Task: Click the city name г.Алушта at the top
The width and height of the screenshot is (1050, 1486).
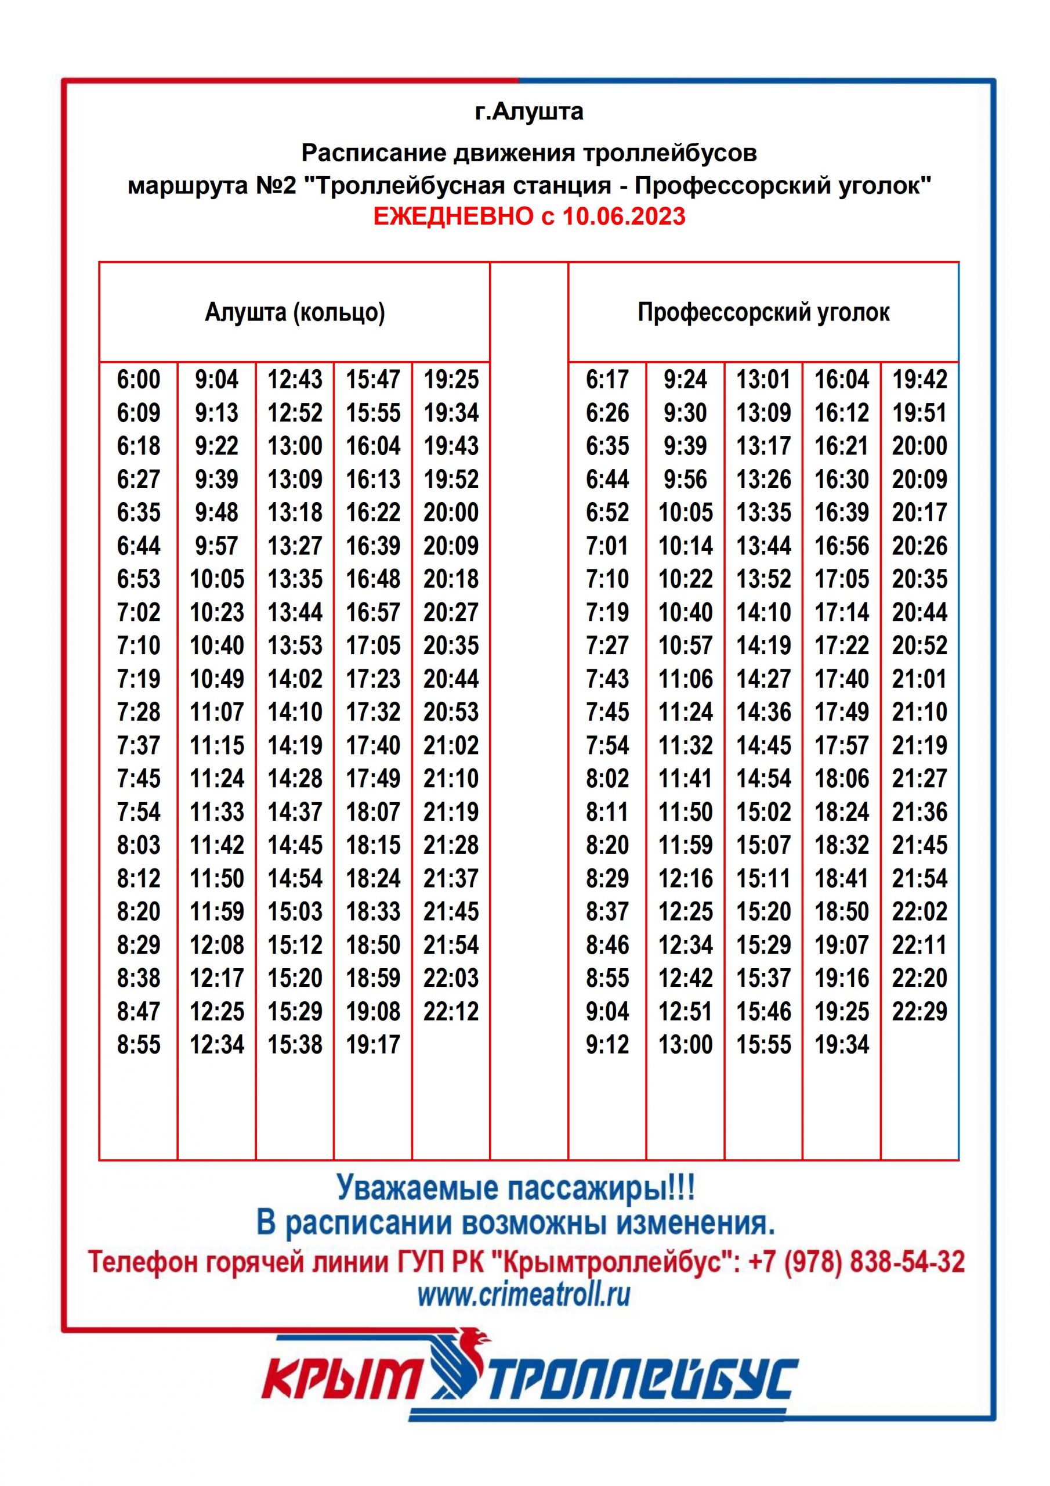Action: click(x=528, y=111)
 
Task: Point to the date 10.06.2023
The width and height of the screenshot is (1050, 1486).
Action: click(x=623, y=215)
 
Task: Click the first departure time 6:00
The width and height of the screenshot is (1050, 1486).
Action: click(x=139, y=379)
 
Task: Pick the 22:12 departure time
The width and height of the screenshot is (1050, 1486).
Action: click(x=451, y=1011)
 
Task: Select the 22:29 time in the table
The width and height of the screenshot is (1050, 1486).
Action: click(x=919, y=1011)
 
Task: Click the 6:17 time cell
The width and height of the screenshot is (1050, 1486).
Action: click(x=607, y=379)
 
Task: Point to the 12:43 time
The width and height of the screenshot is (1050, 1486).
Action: click(x=295, y=379)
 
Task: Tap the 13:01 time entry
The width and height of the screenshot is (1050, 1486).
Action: click(x=763, y=379)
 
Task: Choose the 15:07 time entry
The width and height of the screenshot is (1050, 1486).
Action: click(x=763, y=845)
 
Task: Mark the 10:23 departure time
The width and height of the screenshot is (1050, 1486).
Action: click(x=217, y=612)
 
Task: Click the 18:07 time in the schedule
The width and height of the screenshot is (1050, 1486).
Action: click(x=373, y=811)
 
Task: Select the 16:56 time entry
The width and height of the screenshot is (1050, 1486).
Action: click(x=842, y=546)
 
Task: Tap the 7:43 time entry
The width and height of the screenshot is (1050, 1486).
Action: click(x=607, y=679)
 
